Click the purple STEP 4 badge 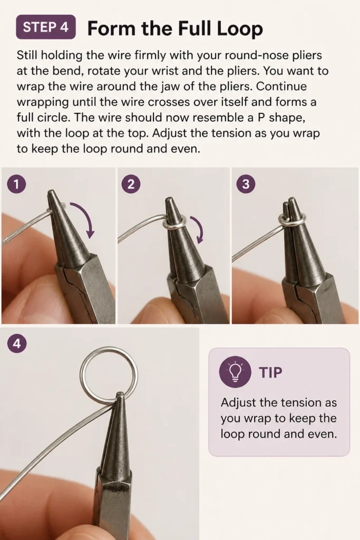tap(46, 27)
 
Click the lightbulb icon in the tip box tap(235, 372)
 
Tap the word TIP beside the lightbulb tap(271, 372)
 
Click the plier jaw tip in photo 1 tap(52, 191)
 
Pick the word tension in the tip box tap(297, 402)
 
